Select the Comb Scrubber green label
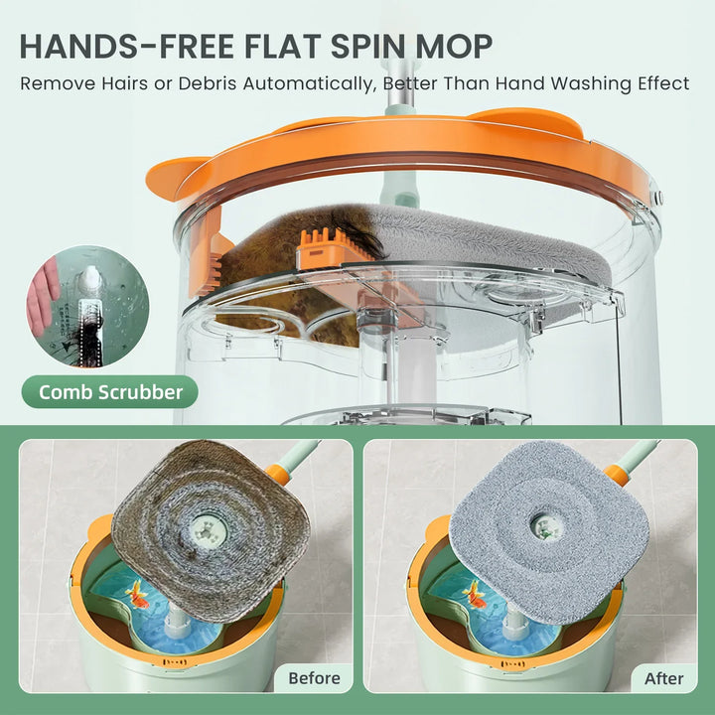(110, 392)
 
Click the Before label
(314, 678)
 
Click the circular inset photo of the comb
(87, 307)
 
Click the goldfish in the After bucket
(476, 594)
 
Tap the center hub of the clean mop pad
(543, 525)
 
